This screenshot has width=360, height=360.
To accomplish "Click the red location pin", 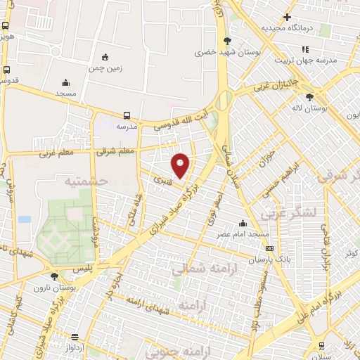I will point(181,165).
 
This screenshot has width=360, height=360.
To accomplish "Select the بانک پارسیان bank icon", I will point(269,249).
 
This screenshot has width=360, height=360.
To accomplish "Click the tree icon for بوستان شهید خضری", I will point(227,41).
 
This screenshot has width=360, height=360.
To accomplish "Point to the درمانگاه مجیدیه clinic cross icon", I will point(287,17).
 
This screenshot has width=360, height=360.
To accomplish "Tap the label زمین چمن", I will point(105,69).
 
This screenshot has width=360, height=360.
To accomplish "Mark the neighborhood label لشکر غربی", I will point(288,212).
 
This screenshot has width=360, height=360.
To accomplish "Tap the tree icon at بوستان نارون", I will point(55,276).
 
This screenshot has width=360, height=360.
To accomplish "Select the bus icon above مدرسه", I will point(127,115).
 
